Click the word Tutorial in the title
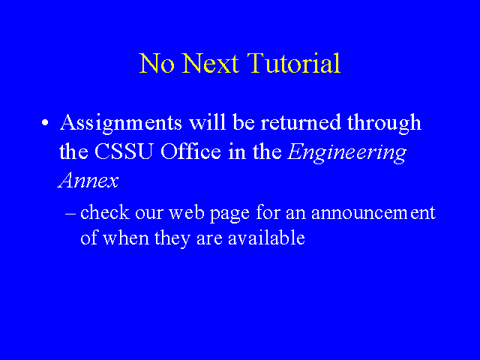click(294, 63)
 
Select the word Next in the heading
click(210, 63)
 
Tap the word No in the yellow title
click(157, 63)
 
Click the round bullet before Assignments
click(45, 122)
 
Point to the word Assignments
click(121, 123)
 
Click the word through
click(384, 123)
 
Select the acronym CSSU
click(123, 151)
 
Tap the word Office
click(190, 151)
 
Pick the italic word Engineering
click(346, 153)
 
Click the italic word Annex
click(88, 180)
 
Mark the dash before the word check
click(70, 213)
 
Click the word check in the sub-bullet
click(105, 212)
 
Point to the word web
click(187, 212)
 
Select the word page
click(229, 214)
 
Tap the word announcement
click(373, 213)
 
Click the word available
click(266, 238)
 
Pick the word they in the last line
click(172, 238)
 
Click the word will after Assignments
click(208, 121)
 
